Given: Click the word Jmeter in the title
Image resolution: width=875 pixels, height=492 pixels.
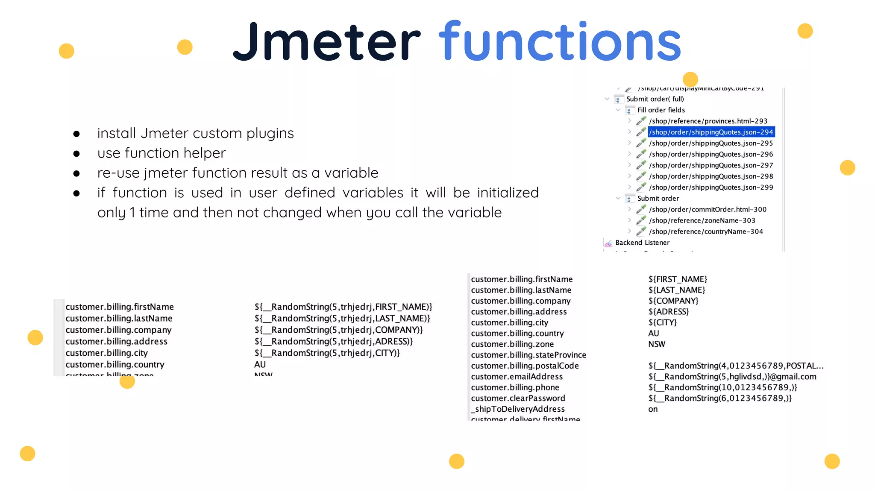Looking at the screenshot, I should pos(327,42).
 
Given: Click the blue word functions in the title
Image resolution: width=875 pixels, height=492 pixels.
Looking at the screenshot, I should pos(560,42).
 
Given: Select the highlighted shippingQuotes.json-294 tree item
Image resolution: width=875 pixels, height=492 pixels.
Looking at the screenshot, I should pos(711,132).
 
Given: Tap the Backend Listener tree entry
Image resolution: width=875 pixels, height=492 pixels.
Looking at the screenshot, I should pos(642,243).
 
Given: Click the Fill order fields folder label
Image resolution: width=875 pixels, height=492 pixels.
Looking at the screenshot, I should pos(661,110).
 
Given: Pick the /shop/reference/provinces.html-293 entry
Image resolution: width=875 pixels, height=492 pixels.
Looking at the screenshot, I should pos(708,121).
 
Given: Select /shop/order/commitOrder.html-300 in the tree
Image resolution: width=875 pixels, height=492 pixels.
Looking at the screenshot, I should pos(708,210).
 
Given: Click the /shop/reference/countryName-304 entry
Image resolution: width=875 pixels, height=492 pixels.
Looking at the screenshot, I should pos(706,231).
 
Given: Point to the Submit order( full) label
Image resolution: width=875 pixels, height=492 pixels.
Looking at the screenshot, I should pos(655,99).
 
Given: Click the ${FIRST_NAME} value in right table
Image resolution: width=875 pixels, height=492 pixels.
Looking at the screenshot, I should pos(678,279).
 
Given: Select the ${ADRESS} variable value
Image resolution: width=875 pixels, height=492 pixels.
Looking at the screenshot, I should pos(669,312).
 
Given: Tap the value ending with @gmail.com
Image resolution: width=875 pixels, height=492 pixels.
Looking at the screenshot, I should pos(732,377).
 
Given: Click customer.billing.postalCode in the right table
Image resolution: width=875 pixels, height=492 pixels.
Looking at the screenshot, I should pos(525,366).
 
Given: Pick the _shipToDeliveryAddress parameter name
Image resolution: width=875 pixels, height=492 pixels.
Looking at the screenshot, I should pos(518,409).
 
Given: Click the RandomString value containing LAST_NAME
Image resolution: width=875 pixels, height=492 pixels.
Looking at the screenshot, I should pos(342,319).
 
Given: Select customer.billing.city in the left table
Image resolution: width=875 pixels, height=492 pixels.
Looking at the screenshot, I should pos(106,353).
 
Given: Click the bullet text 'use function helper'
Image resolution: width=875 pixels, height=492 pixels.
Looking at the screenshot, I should pos(161,153).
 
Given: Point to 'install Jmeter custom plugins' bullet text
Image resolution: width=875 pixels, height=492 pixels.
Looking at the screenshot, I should pos(195,133).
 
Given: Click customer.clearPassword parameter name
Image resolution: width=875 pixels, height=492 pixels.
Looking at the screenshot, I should pos(518,398).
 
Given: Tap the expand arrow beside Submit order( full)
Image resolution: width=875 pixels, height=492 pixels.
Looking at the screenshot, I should pos(607,99).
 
